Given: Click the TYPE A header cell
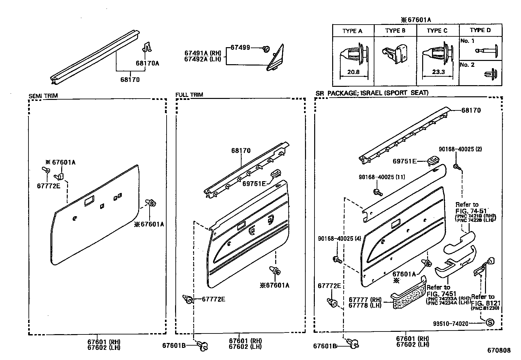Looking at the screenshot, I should click(x=352, y=31).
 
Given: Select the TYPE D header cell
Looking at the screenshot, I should click(x=480, y=30).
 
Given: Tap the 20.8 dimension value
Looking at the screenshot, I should click(x=353, y=72).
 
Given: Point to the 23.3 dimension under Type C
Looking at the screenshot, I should click(x=438, y=72).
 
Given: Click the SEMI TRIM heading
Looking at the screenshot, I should click(x=43, y=96).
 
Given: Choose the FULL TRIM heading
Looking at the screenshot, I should click(x=189, y=95).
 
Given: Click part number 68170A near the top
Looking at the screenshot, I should click(x=147, y=63).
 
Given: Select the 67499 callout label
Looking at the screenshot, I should click(x=240, y=47).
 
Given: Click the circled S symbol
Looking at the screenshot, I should click(x=490, y=322).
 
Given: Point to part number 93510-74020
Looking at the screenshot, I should click(x=451, y=323).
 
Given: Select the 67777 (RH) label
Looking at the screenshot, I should click(x=365, y=299).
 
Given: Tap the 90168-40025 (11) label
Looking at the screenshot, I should click(x=382, y=177).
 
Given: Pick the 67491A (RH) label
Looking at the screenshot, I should click(x=203, y=53).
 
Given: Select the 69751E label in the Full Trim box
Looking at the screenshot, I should click(x=254, y=183).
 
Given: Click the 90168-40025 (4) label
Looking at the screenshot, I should click(x=339, y=238).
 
